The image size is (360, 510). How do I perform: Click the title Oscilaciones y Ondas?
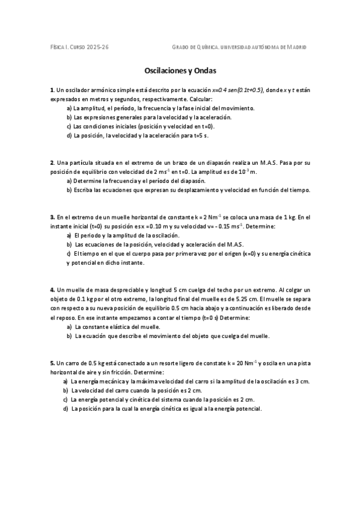(180, 70)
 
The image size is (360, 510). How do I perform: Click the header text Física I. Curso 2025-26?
(79, 47)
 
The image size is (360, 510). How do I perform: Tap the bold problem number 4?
(52, 290)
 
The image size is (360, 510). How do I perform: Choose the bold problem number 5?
(52, 363)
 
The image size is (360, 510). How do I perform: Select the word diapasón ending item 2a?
(193, 180)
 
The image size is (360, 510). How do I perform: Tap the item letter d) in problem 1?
(69, 136)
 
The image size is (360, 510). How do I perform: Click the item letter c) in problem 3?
(69, 254)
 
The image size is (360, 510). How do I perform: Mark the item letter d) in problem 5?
(66, 409)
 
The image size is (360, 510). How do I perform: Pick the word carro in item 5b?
(119, 390)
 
